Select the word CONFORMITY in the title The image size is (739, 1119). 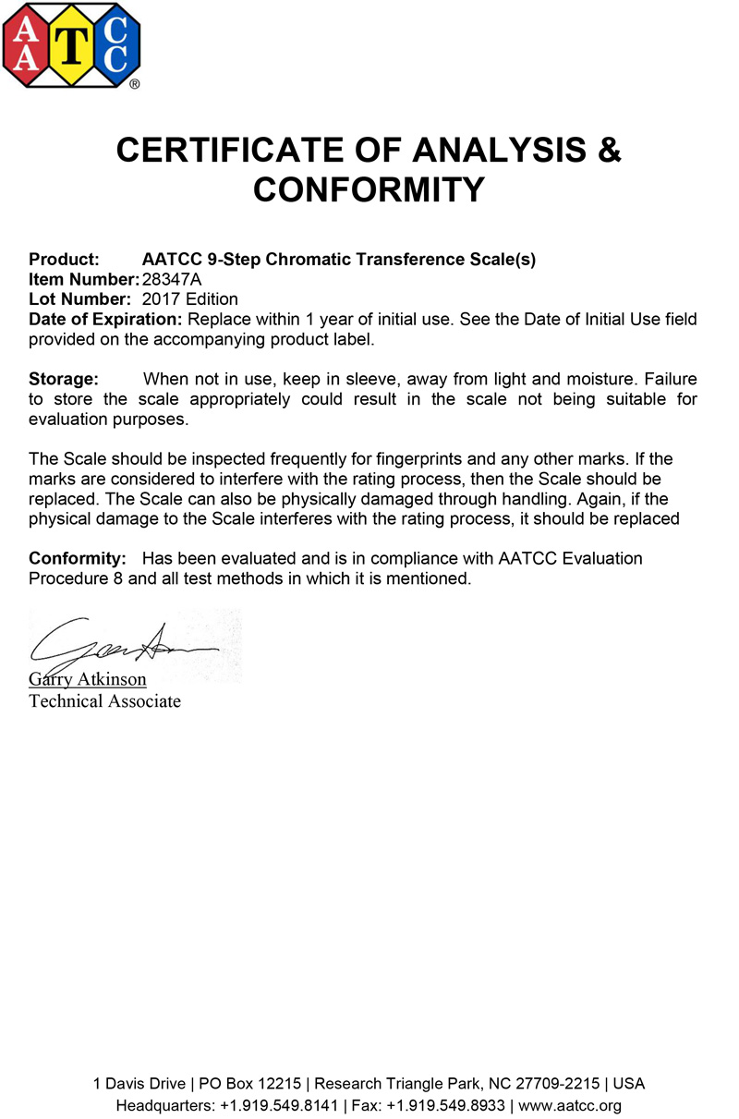tap(369, 189)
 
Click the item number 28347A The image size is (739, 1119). tap(172, 279)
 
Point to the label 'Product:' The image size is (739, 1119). tap(64, 260)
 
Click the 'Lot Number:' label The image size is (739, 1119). tap(79, 298)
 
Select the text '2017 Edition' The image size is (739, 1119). tap(190, 298)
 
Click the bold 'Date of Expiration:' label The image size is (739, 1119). tap(105, 319)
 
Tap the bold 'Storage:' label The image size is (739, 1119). tap(64, 379)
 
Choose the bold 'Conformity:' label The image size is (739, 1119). tap(78, 559)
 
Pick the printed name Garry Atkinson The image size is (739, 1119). tap(88, 680)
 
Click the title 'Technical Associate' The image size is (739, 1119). tap(104, 700)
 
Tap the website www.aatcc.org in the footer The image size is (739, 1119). tap(571, 1105)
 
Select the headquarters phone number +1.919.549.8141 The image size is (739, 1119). tap(281, 1105)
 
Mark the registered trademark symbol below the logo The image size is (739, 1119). tap(135, 83)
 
